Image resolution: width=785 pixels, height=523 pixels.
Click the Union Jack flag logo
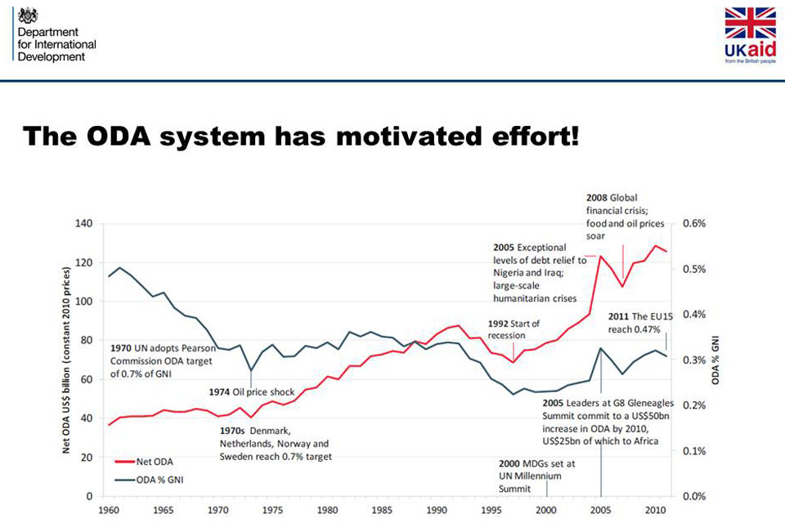click(x=750, y=24)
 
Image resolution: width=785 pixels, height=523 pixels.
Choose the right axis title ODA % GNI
click(x=717, y=360)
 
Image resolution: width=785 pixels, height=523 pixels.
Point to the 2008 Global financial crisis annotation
click(x=617, y=216)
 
